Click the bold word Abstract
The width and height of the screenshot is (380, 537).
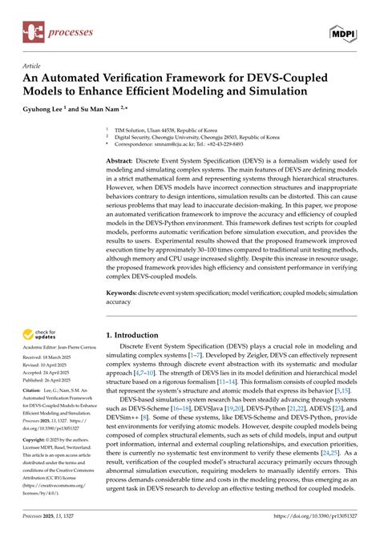pos(120,160)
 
